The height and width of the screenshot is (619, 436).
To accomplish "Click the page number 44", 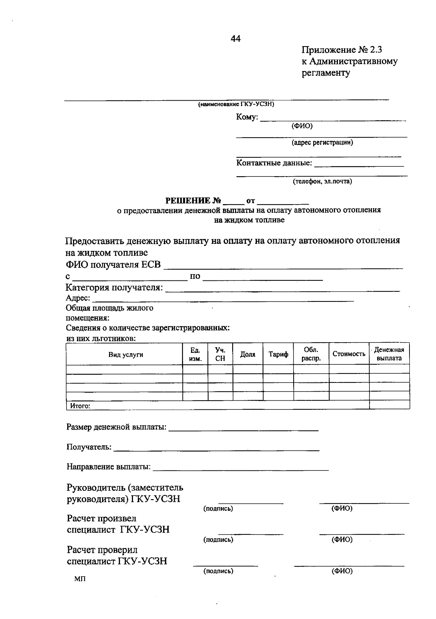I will [x=235, y=39].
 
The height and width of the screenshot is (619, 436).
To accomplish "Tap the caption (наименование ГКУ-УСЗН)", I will [x=236, y=105].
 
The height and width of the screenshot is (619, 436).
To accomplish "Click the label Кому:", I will [x=247, y=117].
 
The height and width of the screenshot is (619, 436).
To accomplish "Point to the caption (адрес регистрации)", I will [x=322, y=143].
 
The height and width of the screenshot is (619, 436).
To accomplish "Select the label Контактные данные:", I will [x=274, y=163].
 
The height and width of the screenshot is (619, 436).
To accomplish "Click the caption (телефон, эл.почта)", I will [x=323, y=181].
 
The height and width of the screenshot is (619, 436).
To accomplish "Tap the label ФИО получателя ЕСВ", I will [x=113, y=264].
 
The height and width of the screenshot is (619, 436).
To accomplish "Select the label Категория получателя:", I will [x=114, y=288].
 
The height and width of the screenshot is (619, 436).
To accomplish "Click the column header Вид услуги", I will [x=126, y=355].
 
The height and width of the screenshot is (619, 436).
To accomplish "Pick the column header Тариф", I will [x=278, y=354].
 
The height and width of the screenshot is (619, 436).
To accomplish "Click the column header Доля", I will [x=248, y=354].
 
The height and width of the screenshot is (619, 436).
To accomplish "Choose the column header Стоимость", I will [x=349, y=354].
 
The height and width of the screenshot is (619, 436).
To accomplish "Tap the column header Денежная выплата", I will [x=389, y=354].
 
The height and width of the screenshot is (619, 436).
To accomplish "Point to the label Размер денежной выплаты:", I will [x=116, y=427].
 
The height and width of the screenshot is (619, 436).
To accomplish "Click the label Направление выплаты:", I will [x=109, y=467].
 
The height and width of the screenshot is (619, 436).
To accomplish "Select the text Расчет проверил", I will [x=102, y=550].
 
